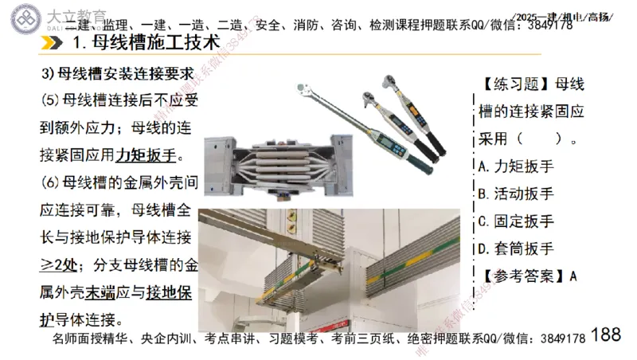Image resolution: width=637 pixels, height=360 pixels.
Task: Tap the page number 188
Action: tap(607, 335)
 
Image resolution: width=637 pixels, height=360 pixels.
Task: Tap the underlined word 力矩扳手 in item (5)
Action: tap(145, 154)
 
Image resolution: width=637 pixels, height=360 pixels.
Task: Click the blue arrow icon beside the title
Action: tap(56, 43)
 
